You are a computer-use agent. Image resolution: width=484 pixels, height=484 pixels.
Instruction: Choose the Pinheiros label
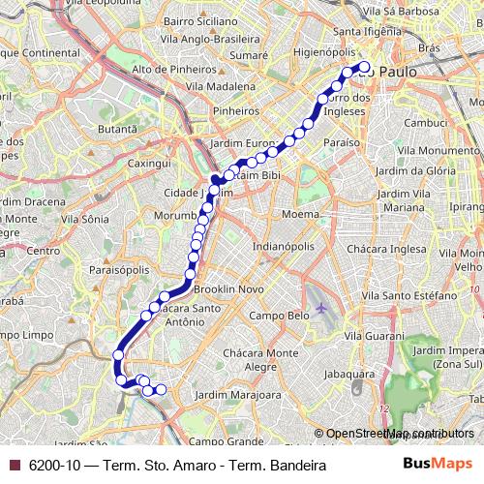pos(236,111)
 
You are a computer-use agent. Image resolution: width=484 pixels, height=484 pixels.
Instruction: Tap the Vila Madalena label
pos(220,86)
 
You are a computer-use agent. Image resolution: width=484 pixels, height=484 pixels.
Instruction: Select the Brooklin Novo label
pos(229,289)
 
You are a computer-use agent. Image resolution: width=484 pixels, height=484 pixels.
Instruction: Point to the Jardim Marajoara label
pos(238,395)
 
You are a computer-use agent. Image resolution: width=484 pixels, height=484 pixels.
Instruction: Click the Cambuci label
pos(426,123)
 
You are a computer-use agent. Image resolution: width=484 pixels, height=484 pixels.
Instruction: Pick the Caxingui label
pos(148,164)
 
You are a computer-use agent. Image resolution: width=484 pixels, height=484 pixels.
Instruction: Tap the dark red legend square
pos(14,466)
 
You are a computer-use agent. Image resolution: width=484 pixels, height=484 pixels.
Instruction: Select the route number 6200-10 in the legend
pos(54,466)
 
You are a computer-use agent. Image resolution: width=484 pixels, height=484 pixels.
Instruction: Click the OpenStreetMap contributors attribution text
pos(399,435)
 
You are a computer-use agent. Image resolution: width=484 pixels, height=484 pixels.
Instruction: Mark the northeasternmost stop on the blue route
pos(365,67)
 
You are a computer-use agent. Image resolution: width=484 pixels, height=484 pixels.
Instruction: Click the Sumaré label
pos(249,56)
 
